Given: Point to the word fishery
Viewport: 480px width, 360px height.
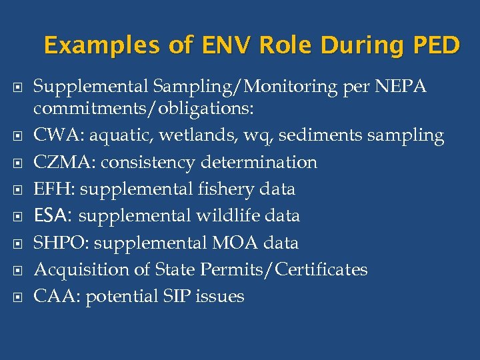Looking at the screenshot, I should point(225,189).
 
